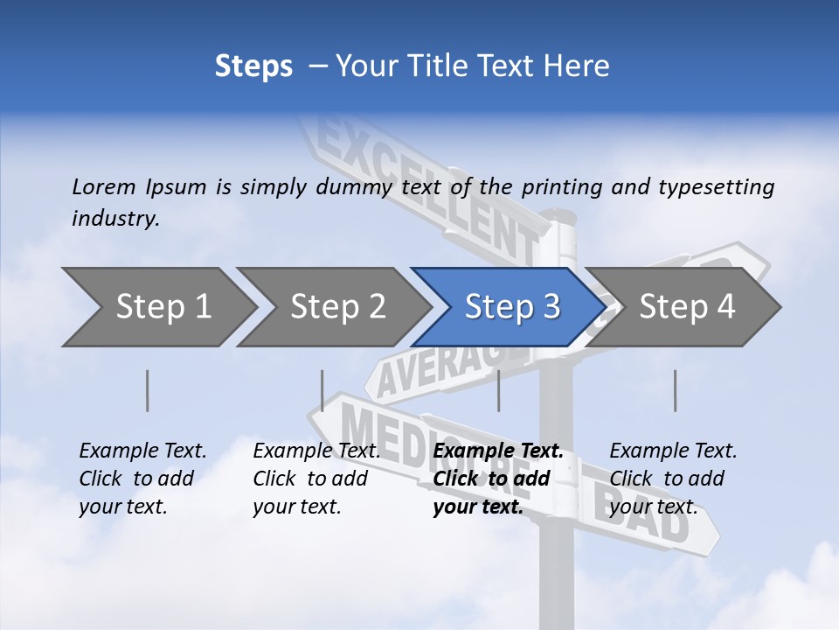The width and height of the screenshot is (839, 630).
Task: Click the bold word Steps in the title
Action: click(x=253, y=66)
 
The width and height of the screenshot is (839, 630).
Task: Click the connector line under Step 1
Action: click(x=148, y=390)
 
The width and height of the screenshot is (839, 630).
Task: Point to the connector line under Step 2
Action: click(x=322, y=390)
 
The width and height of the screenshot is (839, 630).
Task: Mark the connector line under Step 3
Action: click(x=498, y=390)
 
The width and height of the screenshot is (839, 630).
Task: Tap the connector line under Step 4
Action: click(x=675, y=390)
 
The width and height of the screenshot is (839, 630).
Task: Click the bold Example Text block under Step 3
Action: click(x=498, y=479)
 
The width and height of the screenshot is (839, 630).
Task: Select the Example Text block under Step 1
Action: click(x=142, y=479)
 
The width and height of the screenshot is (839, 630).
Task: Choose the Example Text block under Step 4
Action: click(x=673, y=479)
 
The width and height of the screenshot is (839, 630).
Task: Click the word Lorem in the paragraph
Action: click(x=104, y=186)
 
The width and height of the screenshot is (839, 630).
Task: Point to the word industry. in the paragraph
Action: click(x=115, y=219)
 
